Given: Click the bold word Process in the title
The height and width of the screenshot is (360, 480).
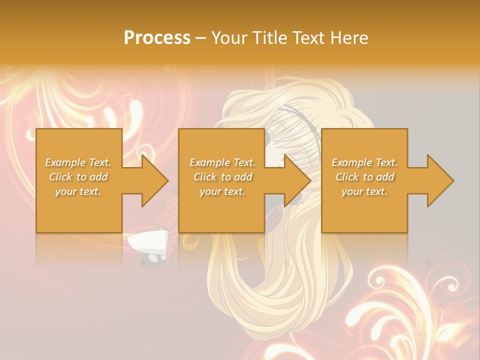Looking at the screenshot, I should (157, 38).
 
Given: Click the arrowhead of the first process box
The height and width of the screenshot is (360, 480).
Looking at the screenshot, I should (154, 180).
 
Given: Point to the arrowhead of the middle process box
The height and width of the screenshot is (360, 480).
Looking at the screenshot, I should (297, 180).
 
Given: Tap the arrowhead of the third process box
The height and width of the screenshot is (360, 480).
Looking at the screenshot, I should (440, 180).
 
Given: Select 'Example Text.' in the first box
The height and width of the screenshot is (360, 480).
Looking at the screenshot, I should (78, 162).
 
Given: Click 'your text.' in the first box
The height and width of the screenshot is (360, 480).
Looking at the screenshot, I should (78, 191).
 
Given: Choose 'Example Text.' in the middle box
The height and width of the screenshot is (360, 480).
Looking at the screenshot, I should (222, 162).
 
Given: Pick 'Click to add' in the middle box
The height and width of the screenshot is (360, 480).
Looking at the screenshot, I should (222, 177).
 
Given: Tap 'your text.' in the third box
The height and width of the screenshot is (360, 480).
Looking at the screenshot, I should (364, 191).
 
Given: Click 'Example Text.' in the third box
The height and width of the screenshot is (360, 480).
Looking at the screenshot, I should (364, 162).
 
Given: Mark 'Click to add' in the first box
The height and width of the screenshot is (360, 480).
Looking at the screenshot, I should (78, 177).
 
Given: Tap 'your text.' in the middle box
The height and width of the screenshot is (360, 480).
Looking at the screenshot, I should (222, 191).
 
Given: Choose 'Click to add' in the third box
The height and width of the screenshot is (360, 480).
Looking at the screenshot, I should (364, 177).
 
